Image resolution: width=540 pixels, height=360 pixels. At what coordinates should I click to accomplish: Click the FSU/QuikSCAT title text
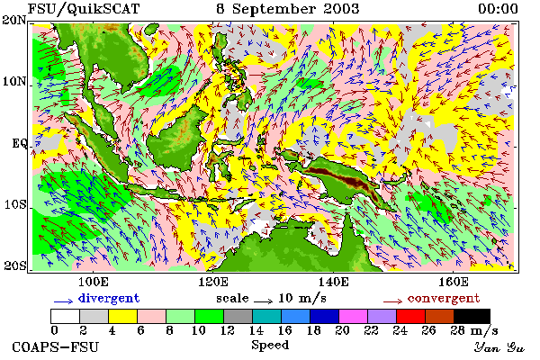[x=84, y=9]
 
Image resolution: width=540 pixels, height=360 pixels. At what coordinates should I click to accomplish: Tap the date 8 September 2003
[x=288, y=9]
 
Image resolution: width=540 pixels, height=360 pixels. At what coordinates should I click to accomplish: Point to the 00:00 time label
[x=498, y=9]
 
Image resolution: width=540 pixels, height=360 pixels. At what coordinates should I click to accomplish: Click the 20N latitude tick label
[x=14, y=20]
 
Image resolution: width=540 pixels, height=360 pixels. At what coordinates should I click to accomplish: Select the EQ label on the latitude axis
[x=20, y=143]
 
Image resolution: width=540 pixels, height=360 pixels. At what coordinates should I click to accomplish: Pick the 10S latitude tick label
[x=15, y=204]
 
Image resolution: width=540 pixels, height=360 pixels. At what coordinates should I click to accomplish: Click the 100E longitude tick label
[x=94, y=282]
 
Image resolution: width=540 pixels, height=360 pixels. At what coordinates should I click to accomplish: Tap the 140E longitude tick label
[x=333, y=282]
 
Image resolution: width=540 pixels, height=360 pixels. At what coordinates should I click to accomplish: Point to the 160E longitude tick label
[x=454, y=282]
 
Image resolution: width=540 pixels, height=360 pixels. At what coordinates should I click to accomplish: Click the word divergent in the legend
[x=109, y=298]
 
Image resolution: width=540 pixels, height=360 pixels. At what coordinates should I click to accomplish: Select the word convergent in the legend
[x=444, y=298]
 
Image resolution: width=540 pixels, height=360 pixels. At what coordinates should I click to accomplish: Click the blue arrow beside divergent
[x=63, y=301]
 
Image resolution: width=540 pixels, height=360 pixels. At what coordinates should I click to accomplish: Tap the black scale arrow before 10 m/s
[x=263, y=301]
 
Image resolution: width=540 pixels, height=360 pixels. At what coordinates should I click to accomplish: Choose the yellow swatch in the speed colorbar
[x=122, y=316]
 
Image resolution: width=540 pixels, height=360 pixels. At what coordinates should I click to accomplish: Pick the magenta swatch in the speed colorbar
[x=354, y=316]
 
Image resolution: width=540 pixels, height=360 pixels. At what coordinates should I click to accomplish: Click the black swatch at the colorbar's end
[x=472, y=316]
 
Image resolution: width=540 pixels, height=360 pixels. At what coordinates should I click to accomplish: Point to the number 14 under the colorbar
[x=256, y=331]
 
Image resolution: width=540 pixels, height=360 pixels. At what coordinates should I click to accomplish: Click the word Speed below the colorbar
[x=270, y=346]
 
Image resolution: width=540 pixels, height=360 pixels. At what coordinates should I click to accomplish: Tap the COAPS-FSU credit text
[x=56, y=346]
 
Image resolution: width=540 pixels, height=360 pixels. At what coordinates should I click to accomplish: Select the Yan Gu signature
[x=499, y=347]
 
